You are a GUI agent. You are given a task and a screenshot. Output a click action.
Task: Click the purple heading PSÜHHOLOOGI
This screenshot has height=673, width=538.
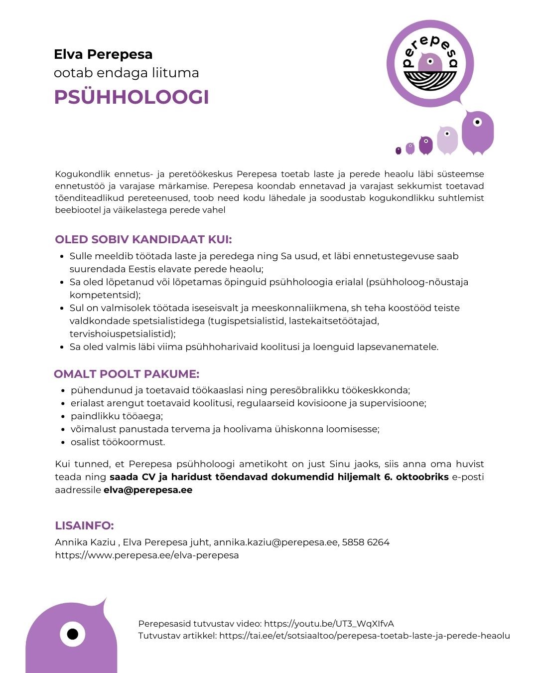pos(132,97)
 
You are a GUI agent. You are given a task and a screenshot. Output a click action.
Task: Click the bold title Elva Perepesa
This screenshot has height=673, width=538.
pos(103,54)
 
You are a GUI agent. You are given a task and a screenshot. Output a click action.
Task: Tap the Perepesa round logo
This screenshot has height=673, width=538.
pos(430,63)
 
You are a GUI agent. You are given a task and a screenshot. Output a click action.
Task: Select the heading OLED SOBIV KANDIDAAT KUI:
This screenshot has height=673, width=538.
pos(143,239)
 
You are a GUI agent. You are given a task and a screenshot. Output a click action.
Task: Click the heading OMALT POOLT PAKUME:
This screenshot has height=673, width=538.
pos(127,374)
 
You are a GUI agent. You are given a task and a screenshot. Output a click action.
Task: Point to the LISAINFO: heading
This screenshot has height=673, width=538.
pos(84,525)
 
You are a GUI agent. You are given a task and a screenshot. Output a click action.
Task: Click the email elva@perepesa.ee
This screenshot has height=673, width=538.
pos(148,490)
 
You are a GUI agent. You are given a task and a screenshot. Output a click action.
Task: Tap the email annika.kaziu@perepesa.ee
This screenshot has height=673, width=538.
pos(275,542)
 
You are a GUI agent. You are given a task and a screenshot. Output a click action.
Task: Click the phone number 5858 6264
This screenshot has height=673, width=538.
pos(366,542)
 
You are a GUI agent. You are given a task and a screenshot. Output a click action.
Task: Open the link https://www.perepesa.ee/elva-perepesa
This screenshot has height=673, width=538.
pos(147,555)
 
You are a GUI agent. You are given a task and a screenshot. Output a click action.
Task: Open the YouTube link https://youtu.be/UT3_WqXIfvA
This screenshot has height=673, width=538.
pos(329,624)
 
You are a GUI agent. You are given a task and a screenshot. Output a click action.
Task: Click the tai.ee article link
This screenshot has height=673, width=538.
pos(364,636)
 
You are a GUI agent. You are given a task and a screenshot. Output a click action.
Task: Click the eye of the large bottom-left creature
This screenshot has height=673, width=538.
pos(73,635)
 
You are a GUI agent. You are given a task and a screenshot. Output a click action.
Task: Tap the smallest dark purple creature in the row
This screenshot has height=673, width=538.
pos(398,151)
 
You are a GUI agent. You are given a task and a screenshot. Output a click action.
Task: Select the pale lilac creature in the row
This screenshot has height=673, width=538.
pos(447,140)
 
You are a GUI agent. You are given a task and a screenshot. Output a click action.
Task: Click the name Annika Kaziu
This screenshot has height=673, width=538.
pos(85,542)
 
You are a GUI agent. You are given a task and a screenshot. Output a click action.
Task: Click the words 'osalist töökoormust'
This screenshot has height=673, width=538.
pos(118,442)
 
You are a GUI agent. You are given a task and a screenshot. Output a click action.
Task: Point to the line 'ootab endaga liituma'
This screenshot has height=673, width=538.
pos(127,73)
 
